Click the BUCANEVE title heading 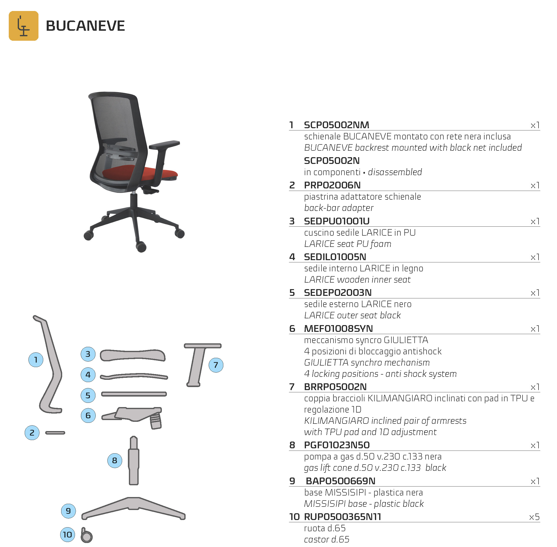(x=85, y=26)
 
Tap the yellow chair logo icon (x=23, y=26)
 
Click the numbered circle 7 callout (x=216, y=365)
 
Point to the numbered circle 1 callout (x=36, y=360)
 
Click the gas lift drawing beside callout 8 (x=134, y=461)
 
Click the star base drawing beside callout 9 (x=134, y=508)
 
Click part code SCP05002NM (x=336, y=125)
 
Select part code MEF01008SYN (x=338, y=328)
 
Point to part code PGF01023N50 (x=337, y=445)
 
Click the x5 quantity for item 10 (x=534, y=517)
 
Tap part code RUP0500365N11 (x=342, y=517)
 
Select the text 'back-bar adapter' (x=339, y=208)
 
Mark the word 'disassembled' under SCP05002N (x=395, y=172)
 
